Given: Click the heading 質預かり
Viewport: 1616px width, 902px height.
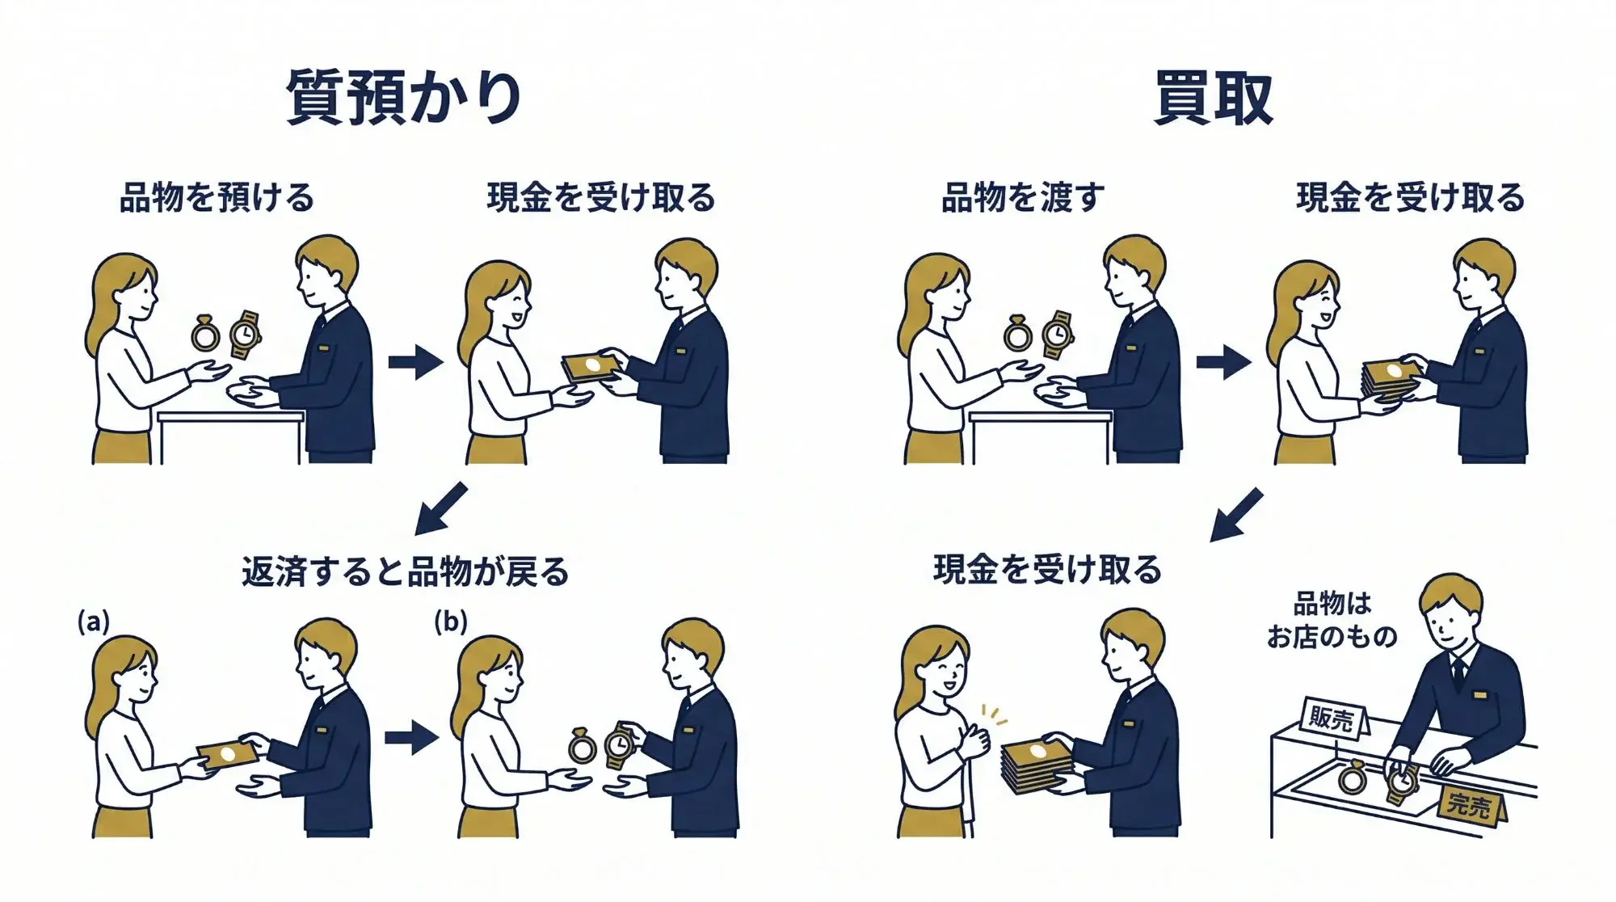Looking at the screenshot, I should tap(404, 98).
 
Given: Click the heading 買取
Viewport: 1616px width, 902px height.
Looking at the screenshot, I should tap(1213, 98).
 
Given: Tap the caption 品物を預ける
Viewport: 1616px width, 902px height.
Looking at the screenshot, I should tap(217, 197).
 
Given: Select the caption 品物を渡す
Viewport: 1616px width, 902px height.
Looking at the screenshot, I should tap(1022, 197).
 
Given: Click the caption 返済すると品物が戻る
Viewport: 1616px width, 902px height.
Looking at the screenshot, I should tap(406, 571).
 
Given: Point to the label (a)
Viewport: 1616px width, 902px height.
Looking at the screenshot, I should tap(93, 622).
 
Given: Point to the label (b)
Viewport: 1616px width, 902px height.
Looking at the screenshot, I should tap(450, 622).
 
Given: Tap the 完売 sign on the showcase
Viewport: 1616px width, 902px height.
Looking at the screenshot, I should tap(1468, 803).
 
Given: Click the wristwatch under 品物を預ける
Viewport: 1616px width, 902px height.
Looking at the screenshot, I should tap(245, 334).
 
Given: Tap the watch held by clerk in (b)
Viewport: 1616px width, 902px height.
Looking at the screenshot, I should tap(620, 744).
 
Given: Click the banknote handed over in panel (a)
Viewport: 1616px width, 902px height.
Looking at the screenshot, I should tap(228, 754).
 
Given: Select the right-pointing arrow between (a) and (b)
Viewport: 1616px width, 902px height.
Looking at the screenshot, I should tap(412, 736).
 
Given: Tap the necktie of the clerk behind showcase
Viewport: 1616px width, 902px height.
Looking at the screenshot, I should tap(1458, 671).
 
